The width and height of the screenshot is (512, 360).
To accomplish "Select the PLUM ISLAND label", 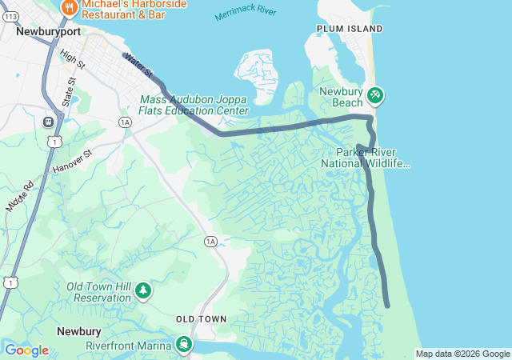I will [350, 29].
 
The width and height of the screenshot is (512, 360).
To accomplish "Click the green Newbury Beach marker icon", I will [375, 96].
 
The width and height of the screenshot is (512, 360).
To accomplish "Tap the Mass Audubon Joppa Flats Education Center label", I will [194, 105].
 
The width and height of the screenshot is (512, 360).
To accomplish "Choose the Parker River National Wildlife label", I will [366, 158].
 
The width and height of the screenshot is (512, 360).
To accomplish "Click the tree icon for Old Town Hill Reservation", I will [142, 290].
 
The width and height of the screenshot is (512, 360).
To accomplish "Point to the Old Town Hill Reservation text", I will [98, 292].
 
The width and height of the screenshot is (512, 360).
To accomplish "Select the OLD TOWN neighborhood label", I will [202, 318].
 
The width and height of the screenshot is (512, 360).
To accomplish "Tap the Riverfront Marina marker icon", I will [185, 344].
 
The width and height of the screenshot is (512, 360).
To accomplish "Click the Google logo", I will [26, 350].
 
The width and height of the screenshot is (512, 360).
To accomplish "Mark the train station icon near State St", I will [49, 122].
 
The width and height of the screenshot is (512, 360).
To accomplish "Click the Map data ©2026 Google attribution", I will [462, 354].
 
